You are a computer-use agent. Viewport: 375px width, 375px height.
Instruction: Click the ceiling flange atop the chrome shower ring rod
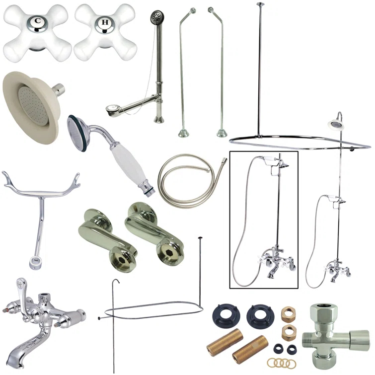tap(260, 5)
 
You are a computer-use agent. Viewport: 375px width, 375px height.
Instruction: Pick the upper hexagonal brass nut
tap(288, 314)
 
